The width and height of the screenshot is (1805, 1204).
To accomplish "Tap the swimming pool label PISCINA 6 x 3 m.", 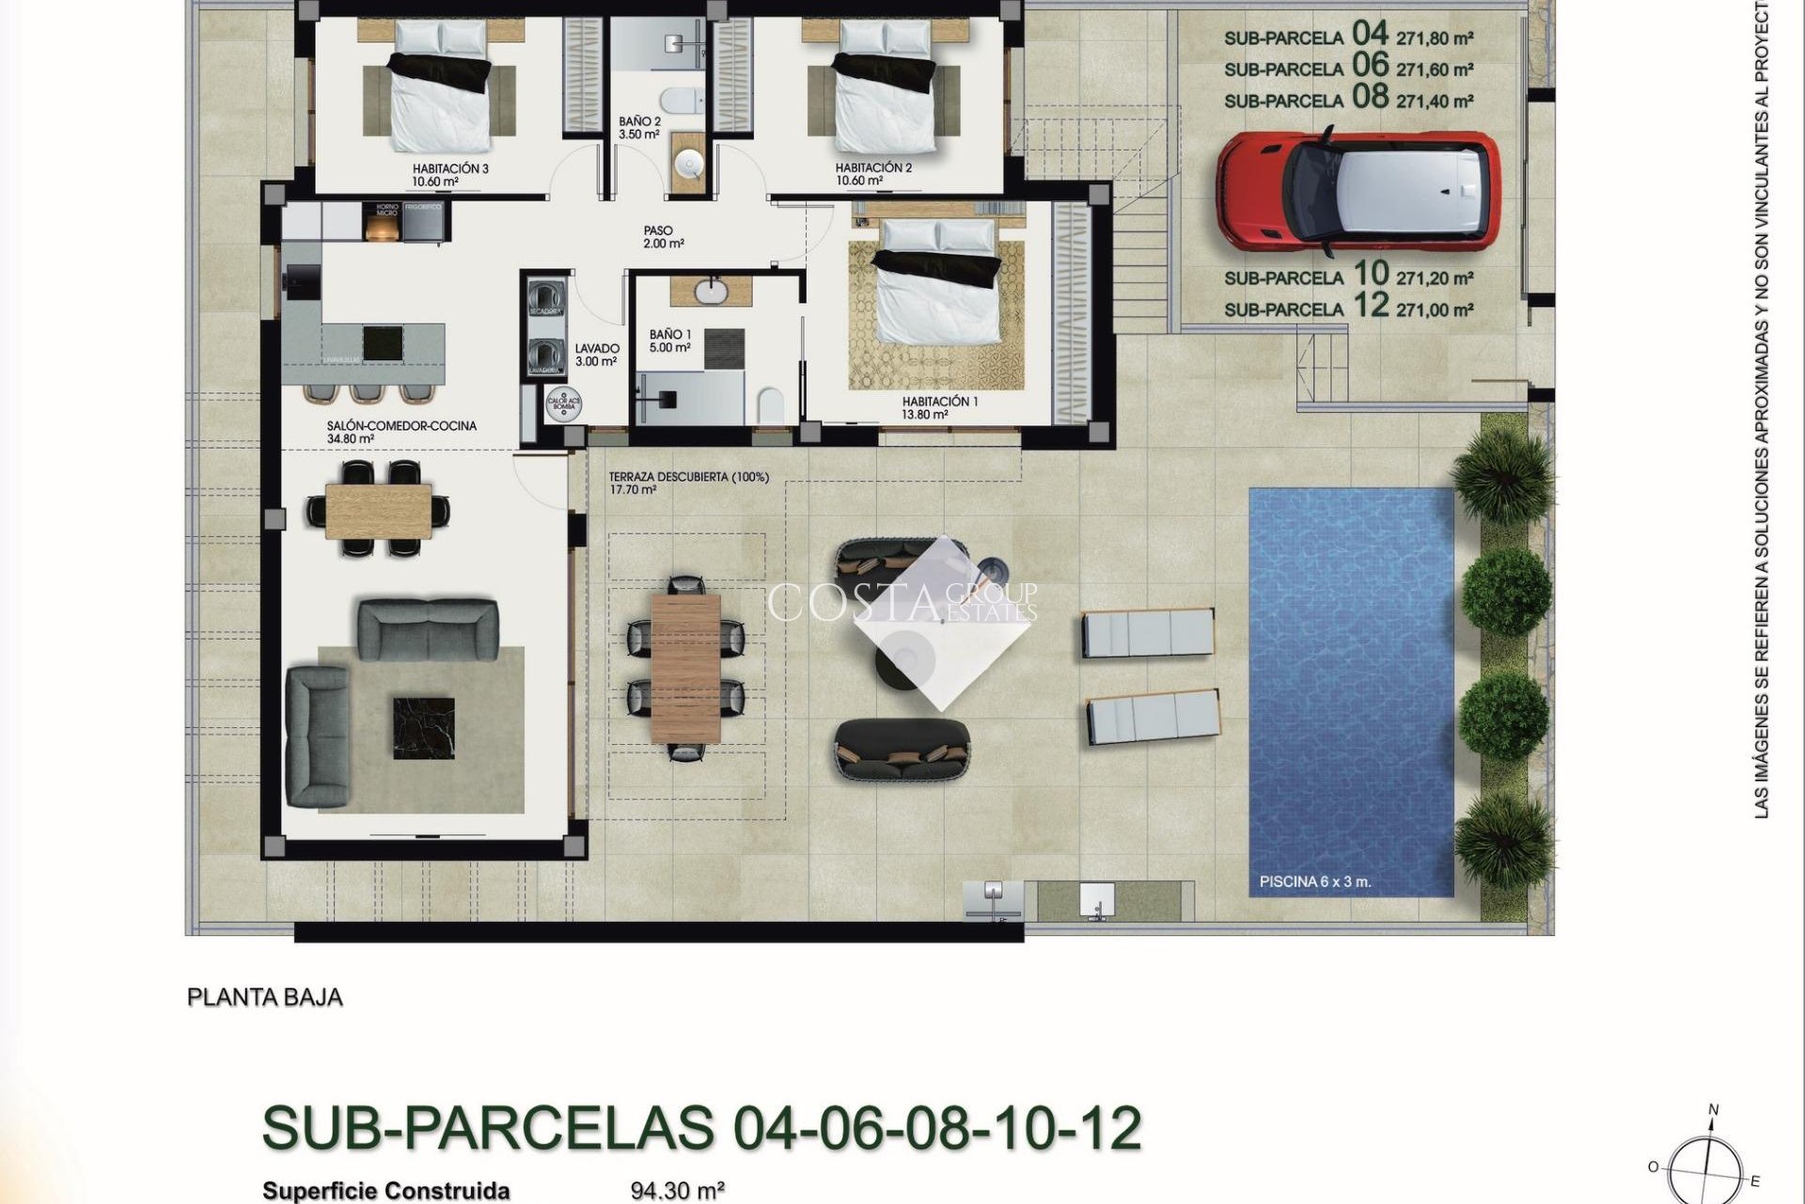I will click(x=1314, y=882).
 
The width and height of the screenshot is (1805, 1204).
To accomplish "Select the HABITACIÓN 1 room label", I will click(x=939, y=402).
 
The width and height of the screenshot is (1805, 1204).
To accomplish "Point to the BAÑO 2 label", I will click(x=639, y=122).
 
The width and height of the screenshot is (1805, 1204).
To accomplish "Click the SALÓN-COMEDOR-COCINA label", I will click(x=401, y=426).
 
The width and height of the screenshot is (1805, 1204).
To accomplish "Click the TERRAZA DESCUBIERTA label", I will click(x=688, y=478).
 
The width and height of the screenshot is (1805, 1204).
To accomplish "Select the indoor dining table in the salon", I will click(x=379, y=509).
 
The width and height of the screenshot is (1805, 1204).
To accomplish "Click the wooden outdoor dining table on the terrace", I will click(x=685, y=668).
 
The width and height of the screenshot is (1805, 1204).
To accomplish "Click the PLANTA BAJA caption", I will click(x=265, y=997).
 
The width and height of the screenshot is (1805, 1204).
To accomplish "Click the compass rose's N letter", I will click(x=1713, y=1111).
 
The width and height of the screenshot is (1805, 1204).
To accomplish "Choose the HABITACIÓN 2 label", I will click(x=873, y=168).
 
